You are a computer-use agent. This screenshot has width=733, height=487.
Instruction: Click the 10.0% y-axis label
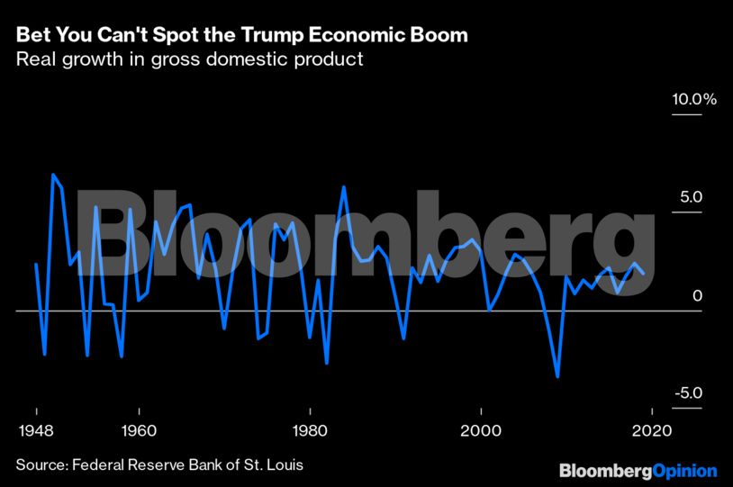pyautogui.click(x=693, y=99)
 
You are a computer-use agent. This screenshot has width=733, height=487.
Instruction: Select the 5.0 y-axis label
pyautogui.click(x=692, y=197)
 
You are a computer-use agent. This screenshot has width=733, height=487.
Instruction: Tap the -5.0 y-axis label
pyautogui.click(x=689, y=393)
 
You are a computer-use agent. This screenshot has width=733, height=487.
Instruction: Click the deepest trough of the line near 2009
pyautogui.click(x=558, y=376)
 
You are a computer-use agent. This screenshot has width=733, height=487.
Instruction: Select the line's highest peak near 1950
pyautogui.click(x=52, y=175)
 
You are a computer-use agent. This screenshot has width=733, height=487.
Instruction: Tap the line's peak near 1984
pyautogui.click(x=344, y=187)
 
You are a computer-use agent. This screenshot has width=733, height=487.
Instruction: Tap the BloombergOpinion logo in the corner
pyautogui.click(x=638, y=471)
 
